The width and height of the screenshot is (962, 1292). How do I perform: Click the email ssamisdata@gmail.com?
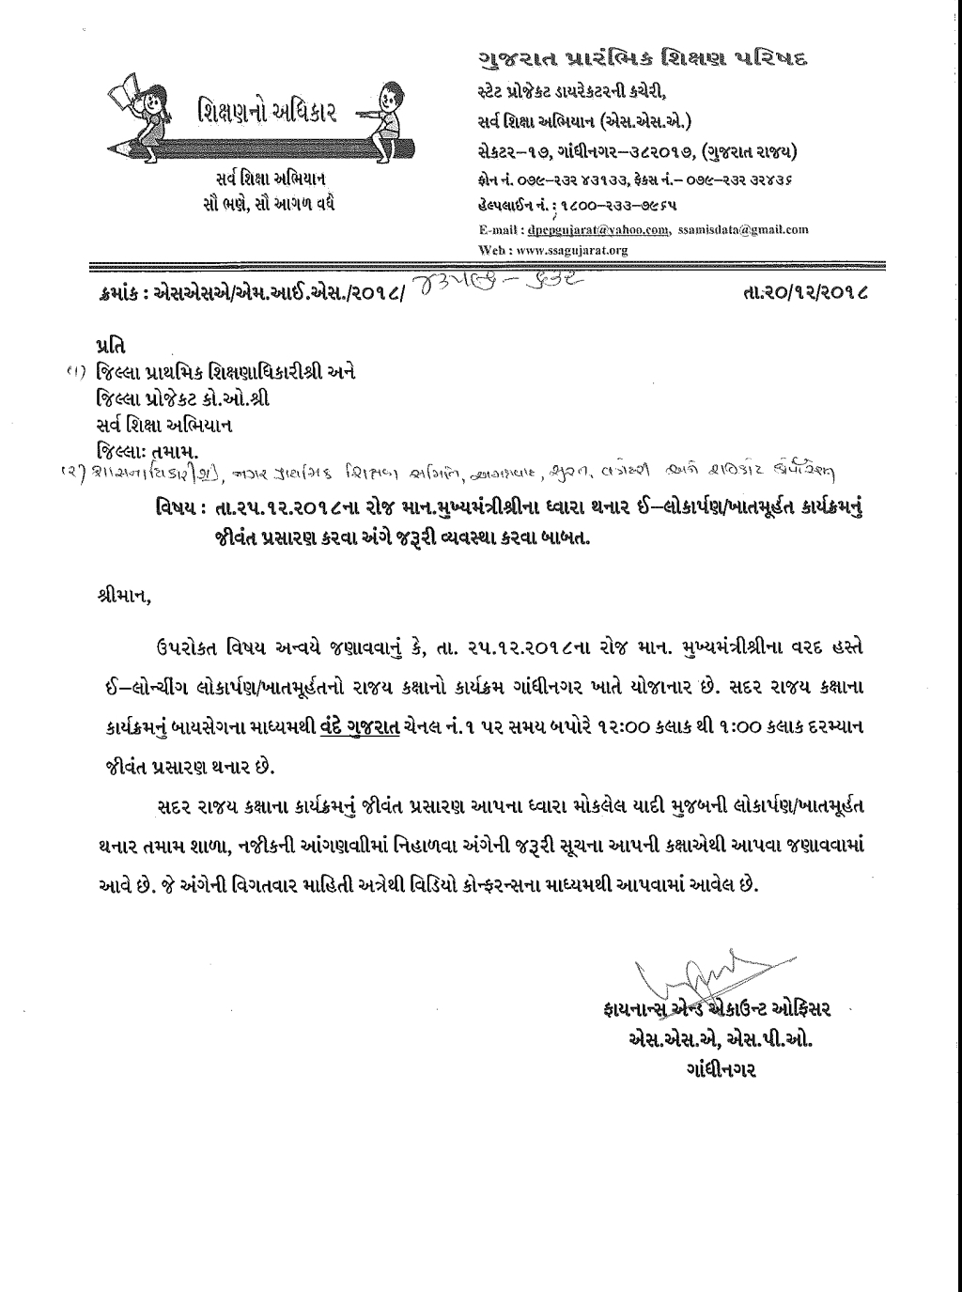(743, 228)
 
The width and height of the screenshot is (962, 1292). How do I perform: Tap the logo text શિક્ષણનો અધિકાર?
(260, 115)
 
